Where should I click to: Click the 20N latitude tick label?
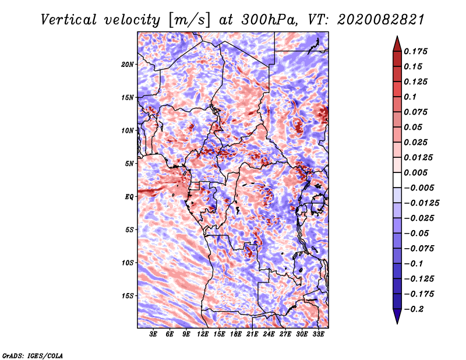pyautogui.click(x=128, y=65)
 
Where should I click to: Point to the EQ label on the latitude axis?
pyautogui.click(x=129, y=197)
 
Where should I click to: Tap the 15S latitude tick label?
pyautogui.click(x=128, y=296)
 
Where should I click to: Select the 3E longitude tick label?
pyautogui.click(x=153, y=334)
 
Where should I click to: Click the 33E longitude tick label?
pyautogui.click(x=318, y=334)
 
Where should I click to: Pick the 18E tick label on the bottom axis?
pyautogui.click(x=236, y=334)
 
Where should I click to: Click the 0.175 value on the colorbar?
pyautogui.click(x=415, y=51)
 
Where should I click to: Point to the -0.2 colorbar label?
pyautogui.click(x=414, y=309)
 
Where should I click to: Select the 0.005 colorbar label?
pyautogui.click(x=415, y=172)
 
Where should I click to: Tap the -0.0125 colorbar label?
pyautogui.click(x=421, y=203)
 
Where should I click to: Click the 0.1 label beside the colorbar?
pyautogui.click(x=410, y=97)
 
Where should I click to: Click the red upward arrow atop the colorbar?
pyautogui.click(x=397, y=44)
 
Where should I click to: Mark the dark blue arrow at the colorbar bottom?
pyautogui.click(x=397, y=316)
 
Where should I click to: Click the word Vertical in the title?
pyautogui.click(x=68, y=20)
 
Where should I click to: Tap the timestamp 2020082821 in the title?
pyautogui.click(x=381, y=20)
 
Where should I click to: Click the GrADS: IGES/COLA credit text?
pyautogui.click(x=33, y=355)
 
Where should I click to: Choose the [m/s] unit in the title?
pyautogui.click(x=189, y=20)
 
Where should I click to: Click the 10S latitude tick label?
pyautogui.click(x=128, y=263)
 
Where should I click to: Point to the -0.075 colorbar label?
pyautogui.click(x=419, y=249)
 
